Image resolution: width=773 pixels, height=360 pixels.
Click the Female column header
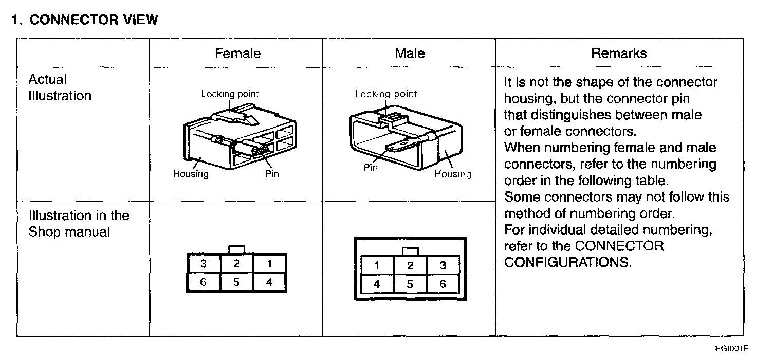click(x=237, y=53)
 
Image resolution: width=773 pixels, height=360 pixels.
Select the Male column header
click(x=410, y=53)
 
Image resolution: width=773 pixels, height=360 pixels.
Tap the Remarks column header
click(x=619, y=53)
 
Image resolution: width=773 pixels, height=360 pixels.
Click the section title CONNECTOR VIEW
click(x=93, y=20)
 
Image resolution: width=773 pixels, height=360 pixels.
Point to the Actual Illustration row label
click(x=60, y=88)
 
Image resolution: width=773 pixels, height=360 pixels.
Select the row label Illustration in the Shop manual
click(x=79, y=224)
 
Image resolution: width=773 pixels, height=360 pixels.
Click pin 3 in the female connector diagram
click(x=204, y=264)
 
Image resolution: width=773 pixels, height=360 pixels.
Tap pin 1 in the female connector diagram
click(x=269, y=264)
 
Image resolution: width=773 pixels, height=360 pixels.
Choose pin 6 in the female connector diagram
click(x=204, y=282)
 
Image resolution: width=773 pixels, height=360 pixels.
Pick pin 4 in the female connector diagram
click(x=269, y=282)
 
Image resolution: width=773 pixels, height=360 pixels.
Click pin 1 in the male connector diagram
click(x=377, y=266)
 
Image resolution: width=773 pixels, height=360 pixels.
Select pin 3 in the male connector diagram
click(x=443, y=266)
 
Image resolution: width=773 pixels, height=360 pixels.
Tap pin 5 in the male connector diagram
click(x=410, y=284)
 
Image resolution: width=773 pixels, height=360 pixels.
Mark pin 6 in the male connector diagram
click(x=443, y=284)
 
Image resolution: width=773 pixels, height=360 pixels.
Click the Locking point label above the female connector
click(x=230, y=94)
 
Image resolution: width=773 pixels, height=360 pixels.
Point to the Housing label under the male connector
click(x=452, y=174)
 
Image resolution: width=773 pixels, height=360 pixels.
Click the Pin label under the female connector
click(x=272, y=174)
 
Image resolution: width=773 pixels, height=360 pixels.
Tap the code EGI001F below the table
click(x=731, y=348)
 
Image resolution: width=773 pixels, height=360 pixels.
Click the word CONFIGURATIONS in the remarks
click(x=567, y=262)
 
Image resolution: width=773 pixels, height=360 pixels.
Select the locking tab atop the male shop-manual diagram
click(x=410, y=251)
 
